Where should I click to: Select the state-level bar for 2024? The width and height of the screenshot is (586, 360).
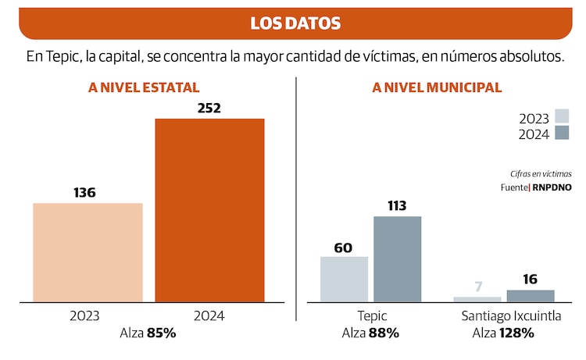[x=209, y=210]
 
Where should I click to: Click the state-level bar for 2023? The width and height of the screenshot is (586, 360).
[x=88, y=252]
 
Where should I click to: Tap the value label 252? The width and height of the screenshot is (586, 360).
[x=209, y=108]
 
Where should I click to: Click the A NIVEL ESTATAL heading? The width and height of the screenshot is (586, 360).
[x=144, y=87]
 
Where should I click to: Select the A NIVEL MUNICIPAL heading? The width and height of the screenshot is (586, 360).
[x=437, y=87]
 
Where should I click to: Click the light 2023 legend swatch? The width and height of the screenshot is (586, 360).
[x=562, y=116]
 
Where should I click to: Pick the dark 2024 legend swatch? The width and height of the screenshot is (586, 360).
[x=562, y=133]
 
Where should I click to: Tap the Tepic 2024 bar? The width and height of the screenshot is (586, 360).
[x=397, y=258]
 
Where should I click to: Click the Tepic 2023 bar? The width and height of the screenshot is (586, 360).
[x=344, y=279]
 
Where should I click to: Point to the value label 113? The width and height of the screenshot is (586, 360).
[x=397, y=205]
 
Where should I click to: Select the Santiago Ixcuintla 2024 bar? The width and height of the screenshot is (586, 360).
[x=531, y=296]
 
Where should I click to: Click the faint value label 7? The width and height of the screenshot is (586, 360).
[x=477, y=286]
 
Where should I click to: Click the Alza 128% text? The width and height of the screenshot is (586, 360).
[x=503, y=333]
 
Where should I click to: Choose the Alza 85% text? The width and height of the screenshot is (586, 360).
[x=148, y=333]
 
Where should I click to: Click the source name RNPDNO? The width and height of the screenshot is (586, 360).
[x=552, y=187]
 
